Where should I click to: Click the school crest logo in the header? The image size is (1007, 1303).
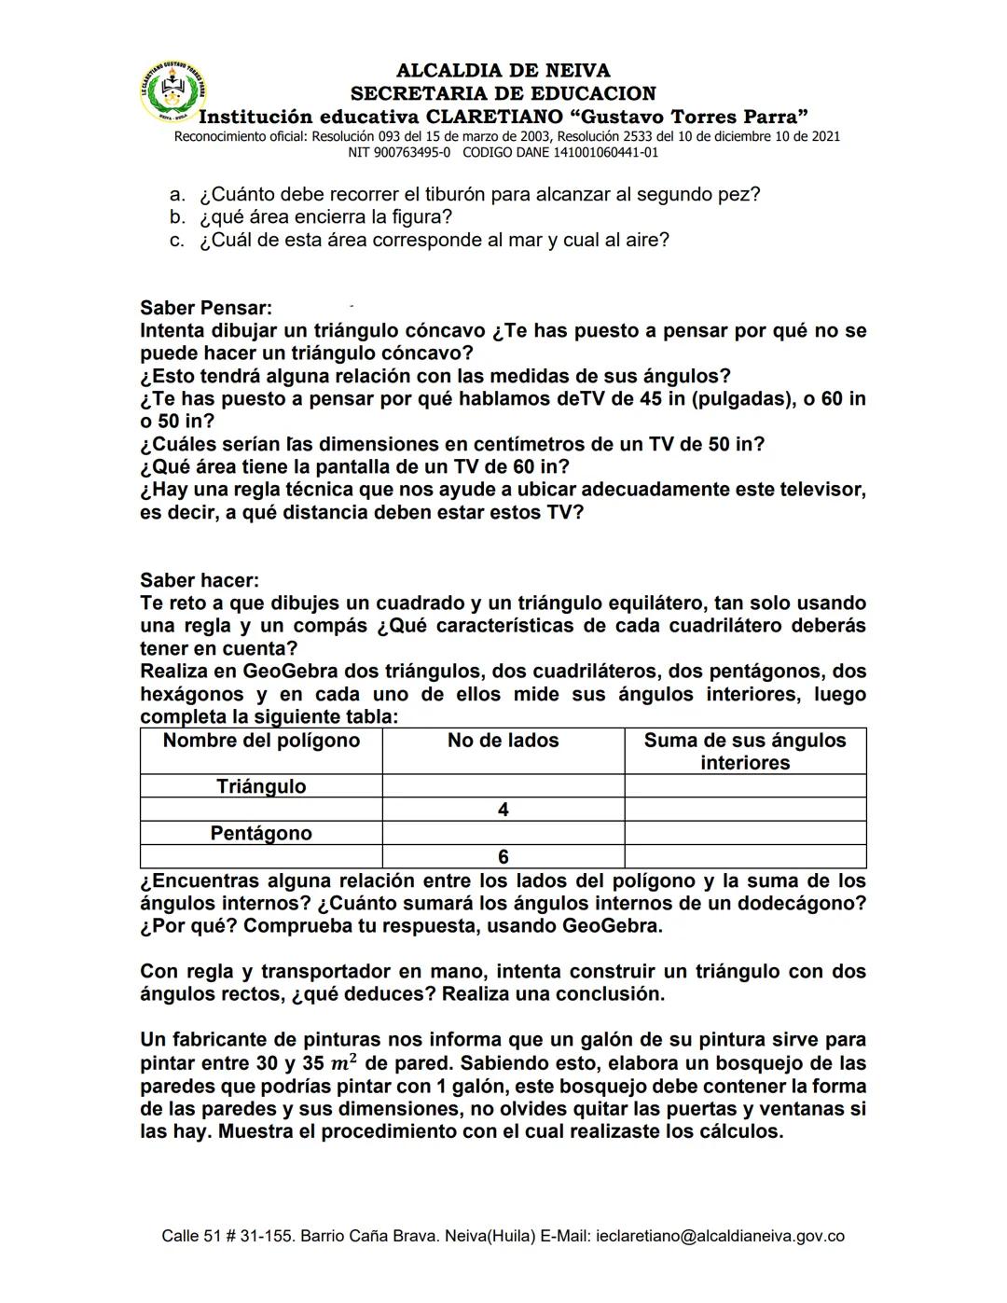(x=173, y=93)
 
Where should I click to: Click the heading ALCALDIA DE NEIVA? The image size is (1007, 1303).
(x=503, y=71)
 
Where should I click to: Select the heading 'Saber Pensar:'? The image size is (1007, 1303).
(x=206, y=308)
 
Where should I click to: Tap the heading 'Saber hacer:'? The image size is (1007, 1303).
(x=200, y=580)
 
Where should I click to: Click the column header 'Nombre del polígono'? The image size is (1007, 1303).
(x=261, y=741)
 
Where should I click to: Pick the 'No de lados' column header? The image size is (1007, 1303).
(x=503, y=741)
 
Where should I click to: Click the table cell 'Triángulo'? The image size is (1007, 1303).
(x=261, y=786)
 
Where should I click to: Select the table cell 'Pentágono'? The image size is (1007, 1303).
(x=261, y=833)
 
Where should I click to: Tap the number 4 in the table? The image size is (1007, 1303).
(x=503, y=810)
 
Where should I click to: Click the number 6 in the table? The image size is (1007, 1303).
(x=503, y=856)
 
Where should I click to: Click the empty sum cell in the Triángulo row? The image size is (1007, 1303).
(x=745, y=786)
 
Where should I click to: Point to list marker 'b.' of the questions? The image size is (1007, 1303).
(x=178, y=217)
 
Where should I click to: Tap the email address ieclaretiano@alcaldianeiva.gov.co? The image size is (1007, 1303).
(x=720, y=1236)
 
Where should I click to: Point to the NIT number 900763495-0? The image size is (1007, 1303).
(x=411, y=152)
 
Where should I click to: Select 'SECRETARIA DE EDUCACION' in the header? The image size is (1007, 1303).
(x=503, y=93)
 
